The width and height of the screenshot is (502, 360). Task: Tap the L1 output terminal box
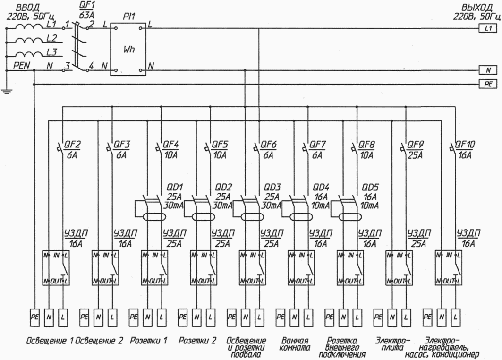click(x=488, y=29)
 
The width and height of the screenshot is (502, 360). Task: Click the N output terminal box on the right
click(x=488, y=70)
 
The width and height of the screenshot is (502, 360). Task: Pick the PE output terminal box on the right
click(x=488, y=84)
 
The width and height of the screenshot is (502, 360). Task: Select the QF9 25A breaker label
click(x=416, y=148)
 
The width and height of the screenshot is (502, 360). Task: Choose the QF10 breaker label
click(x=466, y=148)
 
